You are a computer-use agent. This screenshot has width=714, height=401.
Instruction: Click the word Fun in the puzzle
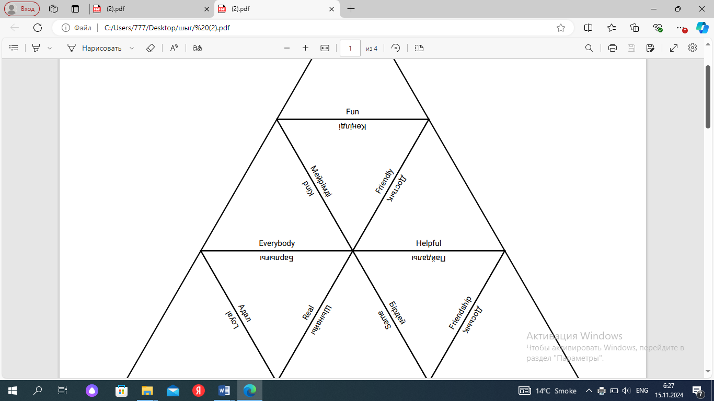(352, 112)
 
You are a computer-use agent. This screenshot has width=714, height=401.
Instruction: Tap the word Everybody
(277, 243)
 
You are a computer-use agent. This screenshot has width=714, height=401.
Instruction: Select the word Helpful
(429, 243)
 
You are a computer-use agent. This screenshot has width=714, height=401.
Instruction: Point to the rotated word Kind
(308, 188)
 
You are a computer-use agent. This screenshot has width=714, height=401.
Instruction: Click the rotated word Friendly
(384, 181)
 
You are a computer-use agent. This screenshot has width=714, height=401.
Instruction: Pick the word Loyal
(232, 320)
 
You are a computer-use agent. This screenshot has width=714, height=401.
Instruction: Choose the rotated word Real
(308, 313)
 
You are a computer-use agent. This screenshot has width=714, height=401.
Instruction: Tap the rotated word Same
(384, 320)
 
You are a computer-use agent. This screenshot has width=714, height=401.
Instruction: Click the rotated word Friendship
(460, 313)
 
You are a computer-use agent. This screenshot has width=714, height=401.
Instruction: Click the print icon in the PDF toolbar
(613, 48)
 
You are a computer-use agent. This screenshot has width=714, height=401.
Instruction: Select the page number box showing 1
(350, 48)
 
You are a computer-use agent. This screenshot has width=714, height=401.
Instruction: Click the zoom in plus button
(305, 48)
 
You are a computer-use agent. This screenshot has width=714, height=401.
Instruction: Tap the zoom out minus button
(287, 48)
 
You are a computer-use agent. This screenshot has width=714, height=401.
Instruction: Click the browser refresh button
(38, 28)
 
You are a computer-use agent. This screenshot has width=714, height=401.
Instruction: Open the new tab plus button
(351, 9)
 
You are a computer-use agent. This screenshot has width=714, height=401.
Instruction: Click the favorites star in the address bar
(561, 28)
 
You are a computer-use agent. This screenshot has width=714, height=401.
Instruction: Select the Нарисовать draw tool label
(101, 48)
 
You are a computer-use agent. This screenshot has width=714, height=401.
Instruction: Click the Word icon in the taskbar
(224, 391)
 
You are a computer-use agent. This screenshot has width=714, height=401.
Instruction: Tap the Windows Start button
(13, 391)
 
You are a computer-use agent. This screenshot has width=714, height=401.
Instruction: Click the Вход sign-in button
(22, 9)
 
